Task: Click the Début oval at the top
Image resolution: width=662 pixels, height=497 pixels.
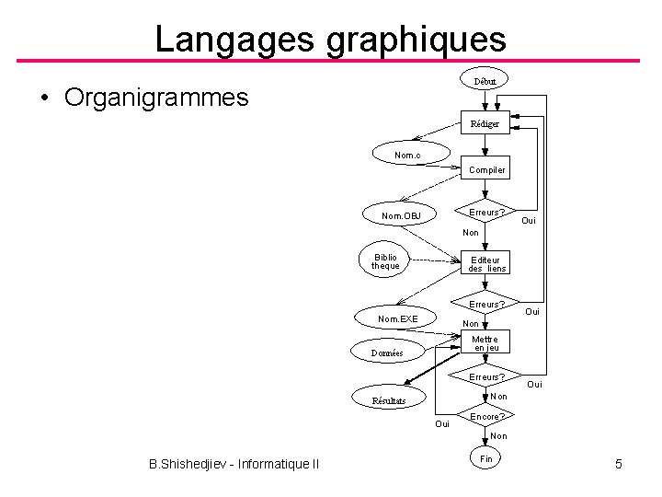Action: pyautogui.click(x=485, y=81)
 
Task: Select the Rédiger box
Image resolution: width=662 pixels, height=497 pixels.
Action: pyautogui.click(x=485, y=123)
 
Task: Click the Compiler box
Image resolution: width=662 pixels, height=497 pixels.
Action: pyautogui.click(x=485, y=169)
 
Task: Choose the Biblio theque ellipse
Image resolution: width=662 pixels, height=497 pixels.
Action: pyautogui.click(x=385, y=261)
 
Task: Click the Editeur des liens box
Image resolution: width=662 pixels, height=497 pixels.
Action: pyautogui.click(x=485, y=264)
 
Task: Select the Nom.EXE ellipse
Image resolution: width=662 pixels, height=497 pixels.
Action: pyautogui.click(x=398, y=318)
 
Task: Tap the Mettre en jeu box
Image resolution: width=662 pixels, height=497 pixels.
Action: pyautogui.click(x=485, y=343)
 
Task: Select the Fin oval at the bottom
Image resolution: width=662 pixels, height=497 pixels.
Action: pyautogui.click(x=486, y=458)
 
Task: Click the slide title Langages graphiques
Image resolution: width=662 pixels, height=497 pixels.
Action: pyautogui.click(x=330, y=39)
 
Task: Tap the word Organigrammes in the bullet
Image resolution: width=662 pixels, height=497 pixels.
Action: pyautogui.click(x=156, y=97)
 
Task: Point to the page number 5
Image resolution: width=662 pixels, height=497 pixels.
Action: pyautogui.click(x=618, y=465)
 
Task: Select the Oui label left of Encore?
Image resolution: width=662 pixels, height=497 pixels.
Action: pyautogui.click(x=442, y=423)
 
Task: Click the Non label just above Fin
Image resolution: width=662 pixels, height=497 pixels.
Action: pyautogui.click(x=497, y=436)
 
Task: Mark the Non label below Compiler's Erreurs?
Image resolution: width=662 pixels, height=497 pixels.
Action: pyautogui.click(x=470, y=233)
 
